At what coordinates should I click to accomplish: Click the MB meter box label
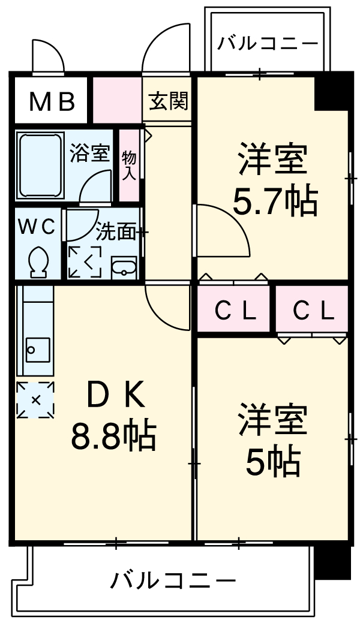pos(52,102)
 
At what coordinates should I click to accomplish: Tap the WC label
pos(37,227)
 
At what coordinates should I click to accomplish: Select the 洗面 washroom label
pos(116,232)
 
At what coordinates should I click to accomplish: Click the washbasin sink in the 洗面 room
pos(124,267)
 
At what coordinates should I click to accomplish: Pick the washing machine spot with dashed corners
pos(85,262)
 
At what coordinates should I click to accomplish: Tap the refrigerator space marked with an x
pos(35,400)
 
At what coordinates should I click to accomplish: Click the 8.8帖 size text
pos(113,436)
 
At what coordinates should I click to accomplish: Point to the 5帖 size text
pos(273,461)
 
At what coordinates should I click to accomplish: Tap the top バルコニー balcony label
pos(267,44)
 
